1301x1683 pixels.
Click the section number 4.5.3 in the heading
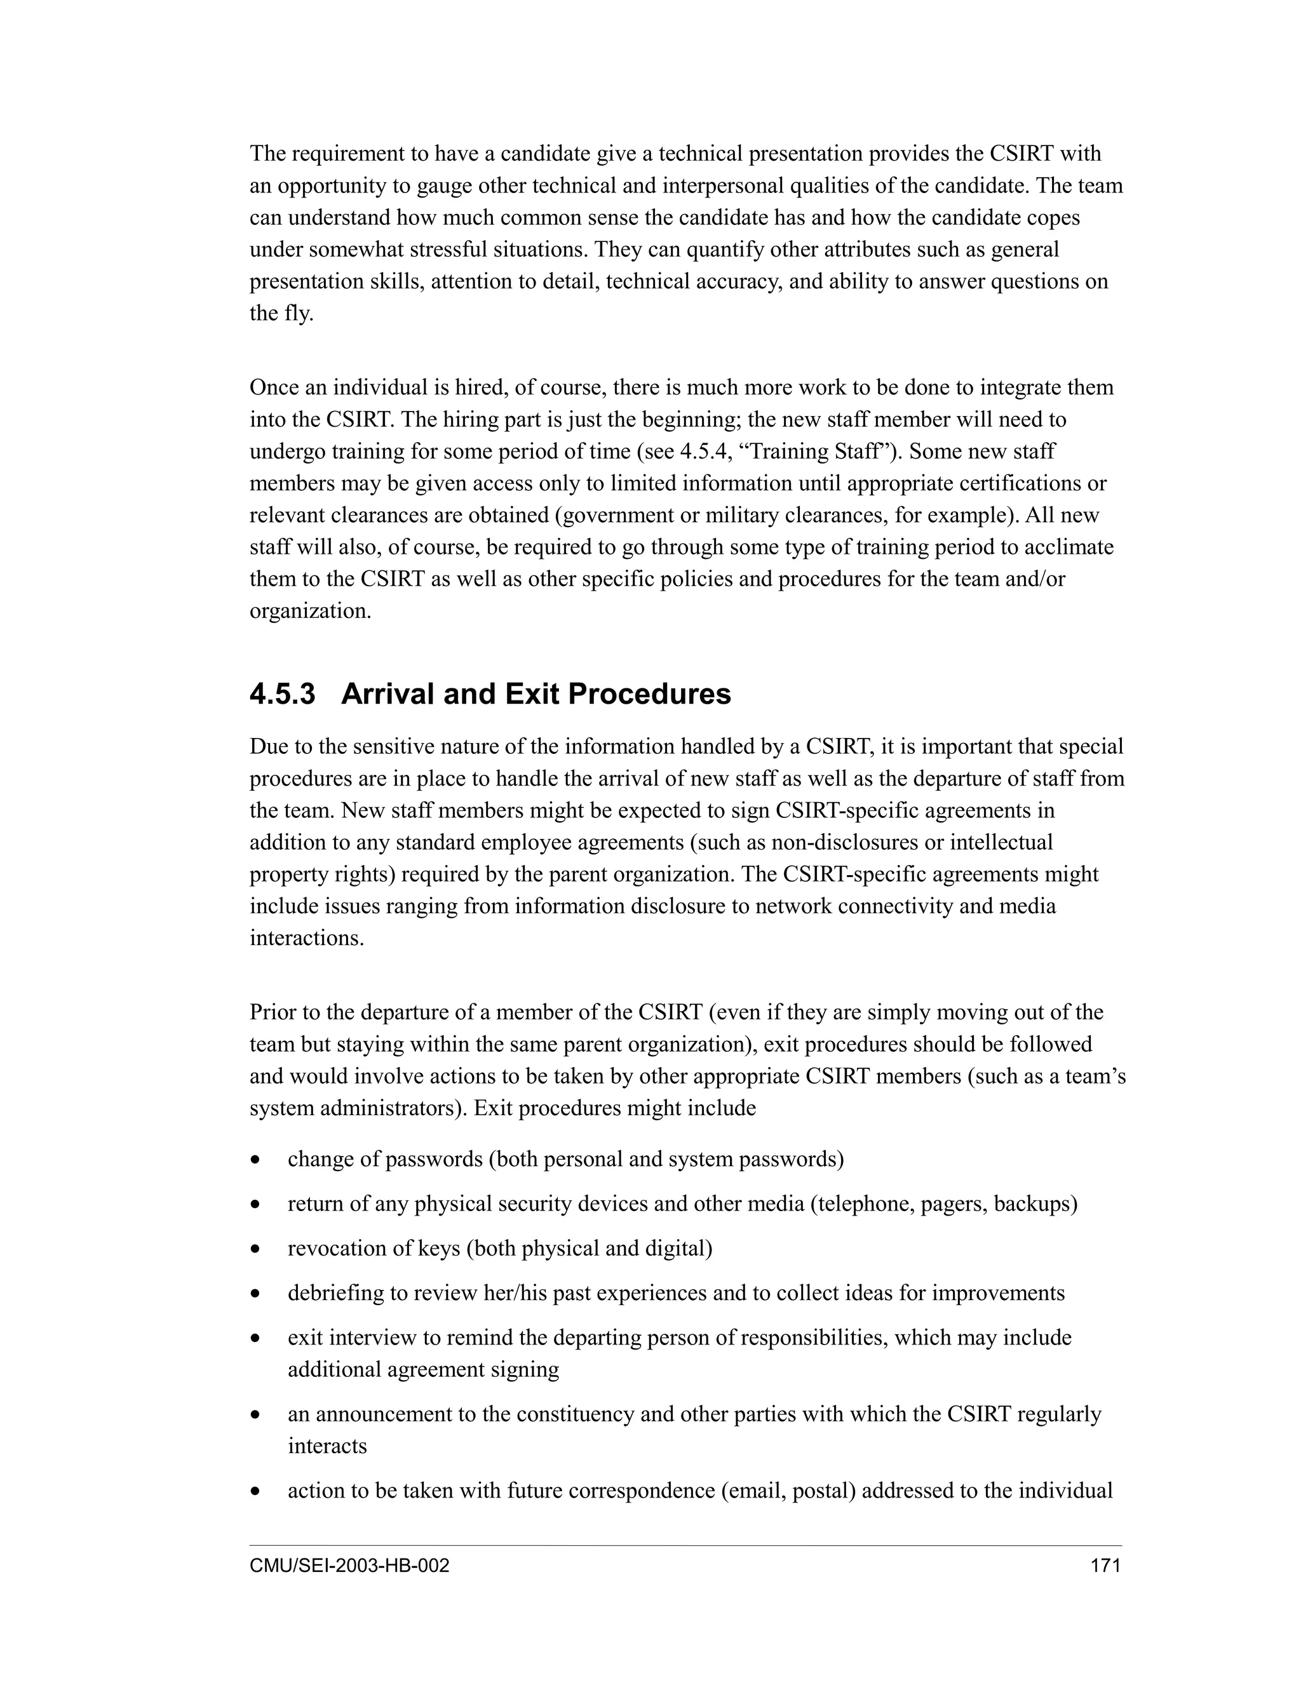(282, 694)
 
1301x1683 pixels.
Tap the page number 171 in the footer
(1105, 1566)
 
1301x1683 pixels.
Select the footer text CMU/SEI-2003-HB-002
(349, 1566)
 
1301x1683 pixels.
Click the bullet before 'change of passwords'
(255, 1160)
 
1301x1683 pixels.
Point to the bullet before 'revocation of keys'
(255, 1249)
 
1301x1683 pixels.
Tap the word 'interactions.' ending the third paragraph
(306, 938)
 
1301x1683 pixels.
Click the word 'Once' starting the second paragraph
(273, 387)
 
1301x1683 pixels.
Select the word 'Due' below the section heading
(267, 747)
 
